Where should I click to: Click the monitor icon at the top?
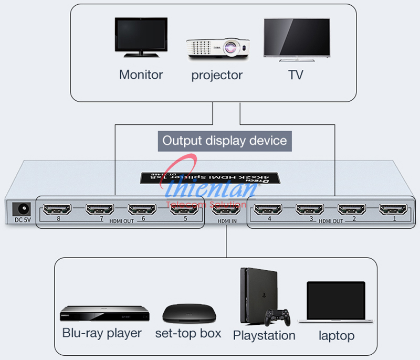point(141,38)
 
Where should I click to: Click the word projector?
point(217,75)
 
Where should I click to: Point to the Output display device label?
point(224,141)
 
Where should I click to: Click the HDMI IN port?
point(226,210)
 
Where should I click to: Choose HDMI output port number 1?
point(394,210)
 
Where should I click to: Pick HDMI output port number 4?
point(268,210)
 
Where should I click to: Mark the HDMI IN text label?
point(226,222)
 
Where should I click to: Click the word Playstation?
point(264,335)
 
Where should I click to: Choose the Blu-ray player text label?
point(102,333)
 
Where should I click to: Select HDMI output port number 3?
point(310,210)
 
